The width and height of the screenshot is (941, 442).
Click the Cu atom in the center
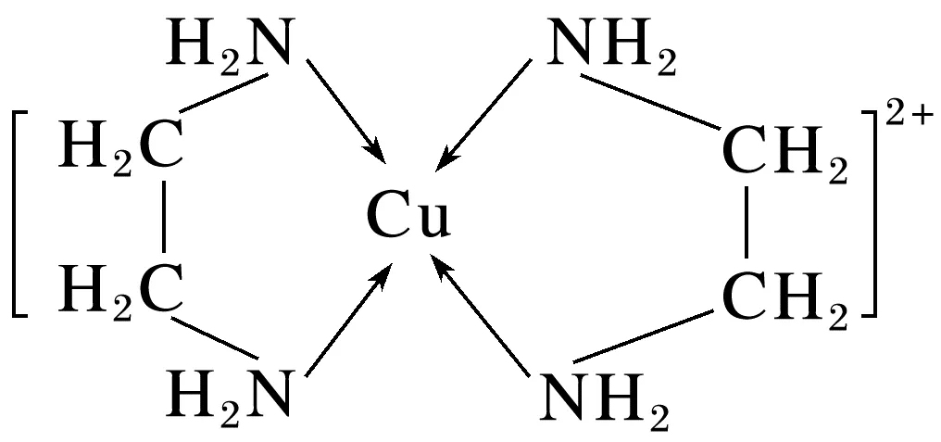(408, 219)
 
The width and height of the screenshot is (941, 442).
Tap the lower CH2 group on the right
(784, 295)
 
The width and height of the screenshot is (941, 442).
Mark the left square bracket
(19, 214)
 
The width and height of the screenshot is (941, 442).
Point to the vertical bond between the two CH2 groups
(747, 223)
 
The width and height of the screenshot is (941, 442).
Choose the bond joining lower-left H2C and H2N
(214, 335)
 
